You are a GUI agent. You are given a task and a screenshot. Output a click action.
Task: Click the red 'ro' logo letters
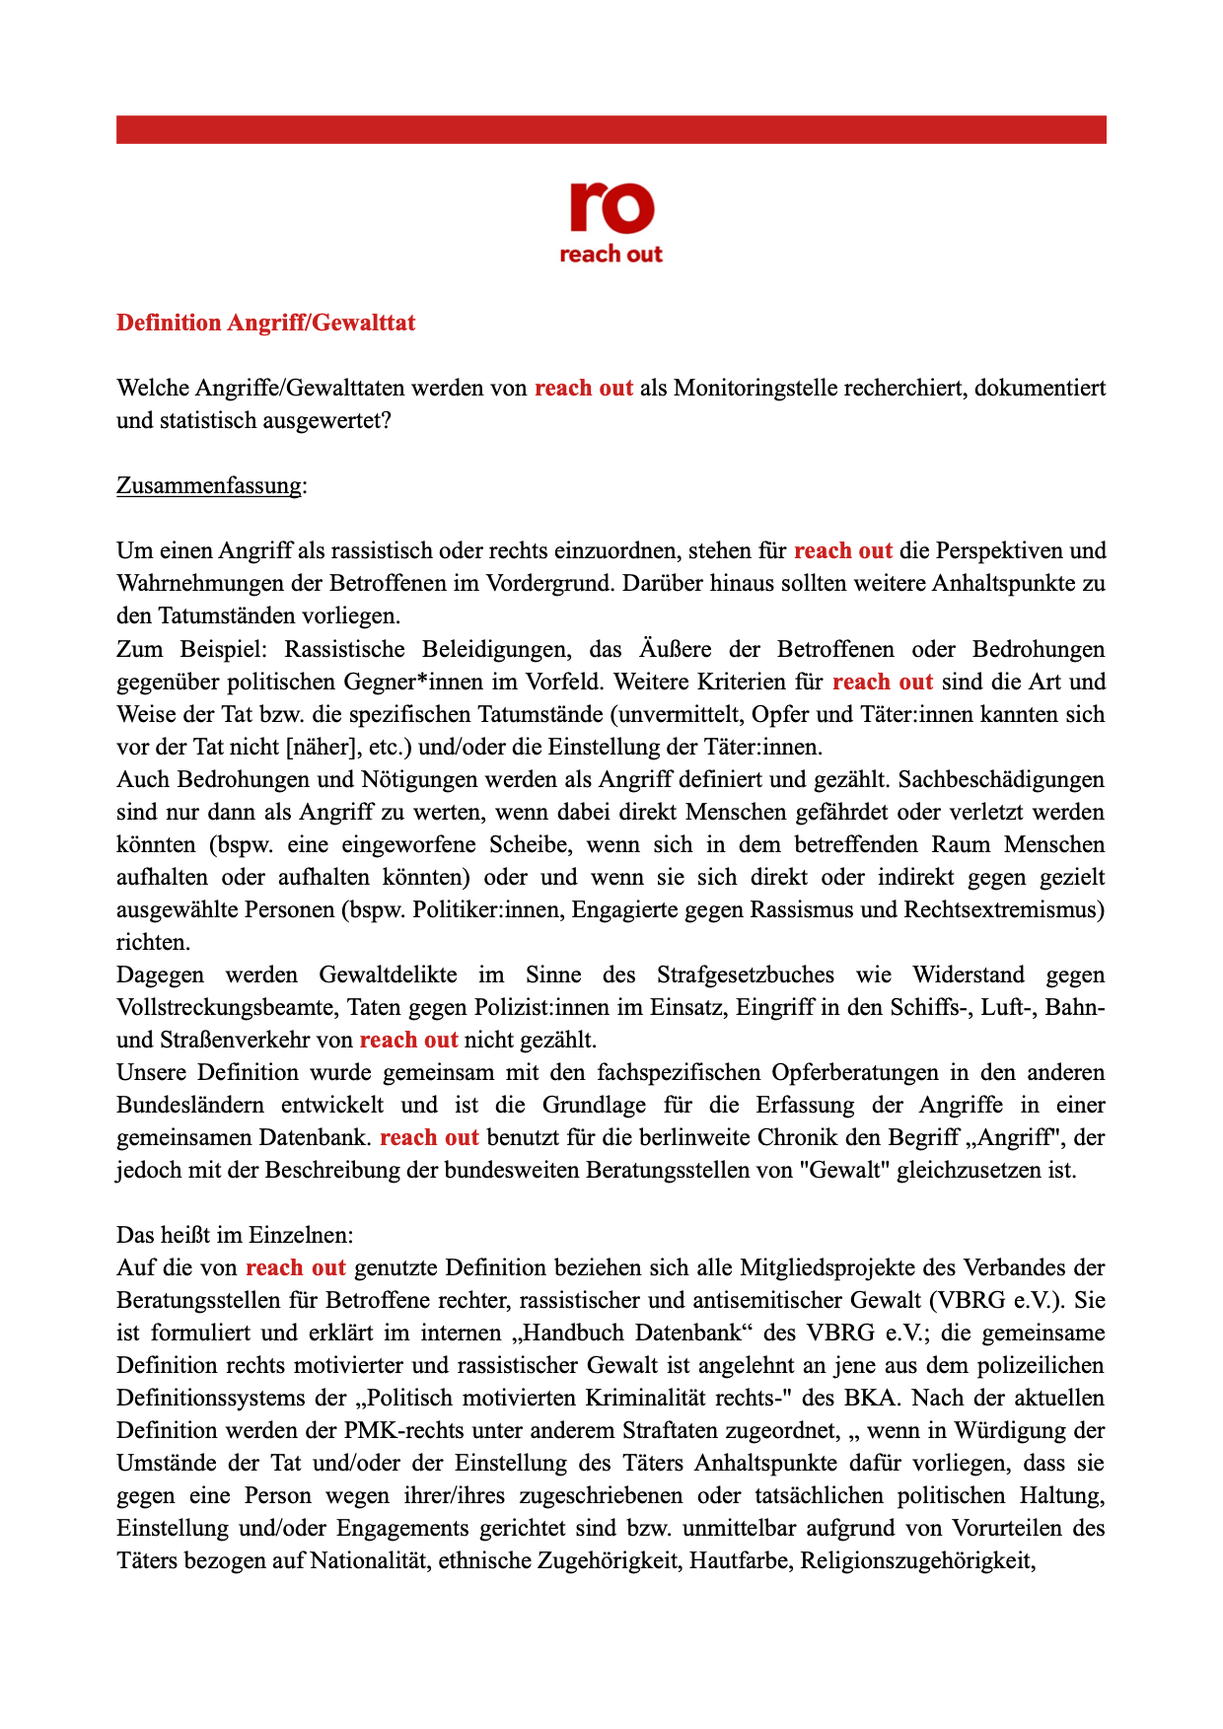pos(611,207)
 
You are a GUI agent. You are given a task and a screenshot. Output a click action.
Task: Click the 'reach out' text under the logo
pos(611,254)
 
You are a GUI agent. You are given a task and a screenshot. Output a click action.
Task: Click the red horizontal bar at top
pos(611,129)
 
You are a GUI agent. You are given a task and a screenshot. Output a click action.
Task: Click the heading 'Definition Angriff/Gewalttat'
pos(265,323)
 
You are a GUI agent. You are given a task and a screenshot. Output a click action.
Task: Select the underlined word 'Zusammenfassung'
pos(209,485)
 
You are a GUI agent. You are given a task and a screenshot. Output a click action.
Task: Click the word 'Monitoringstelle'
pos(751,388)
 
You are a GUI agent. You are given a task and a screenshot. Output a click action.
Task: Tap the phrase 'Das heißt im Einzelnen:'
pos(235,1235)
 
